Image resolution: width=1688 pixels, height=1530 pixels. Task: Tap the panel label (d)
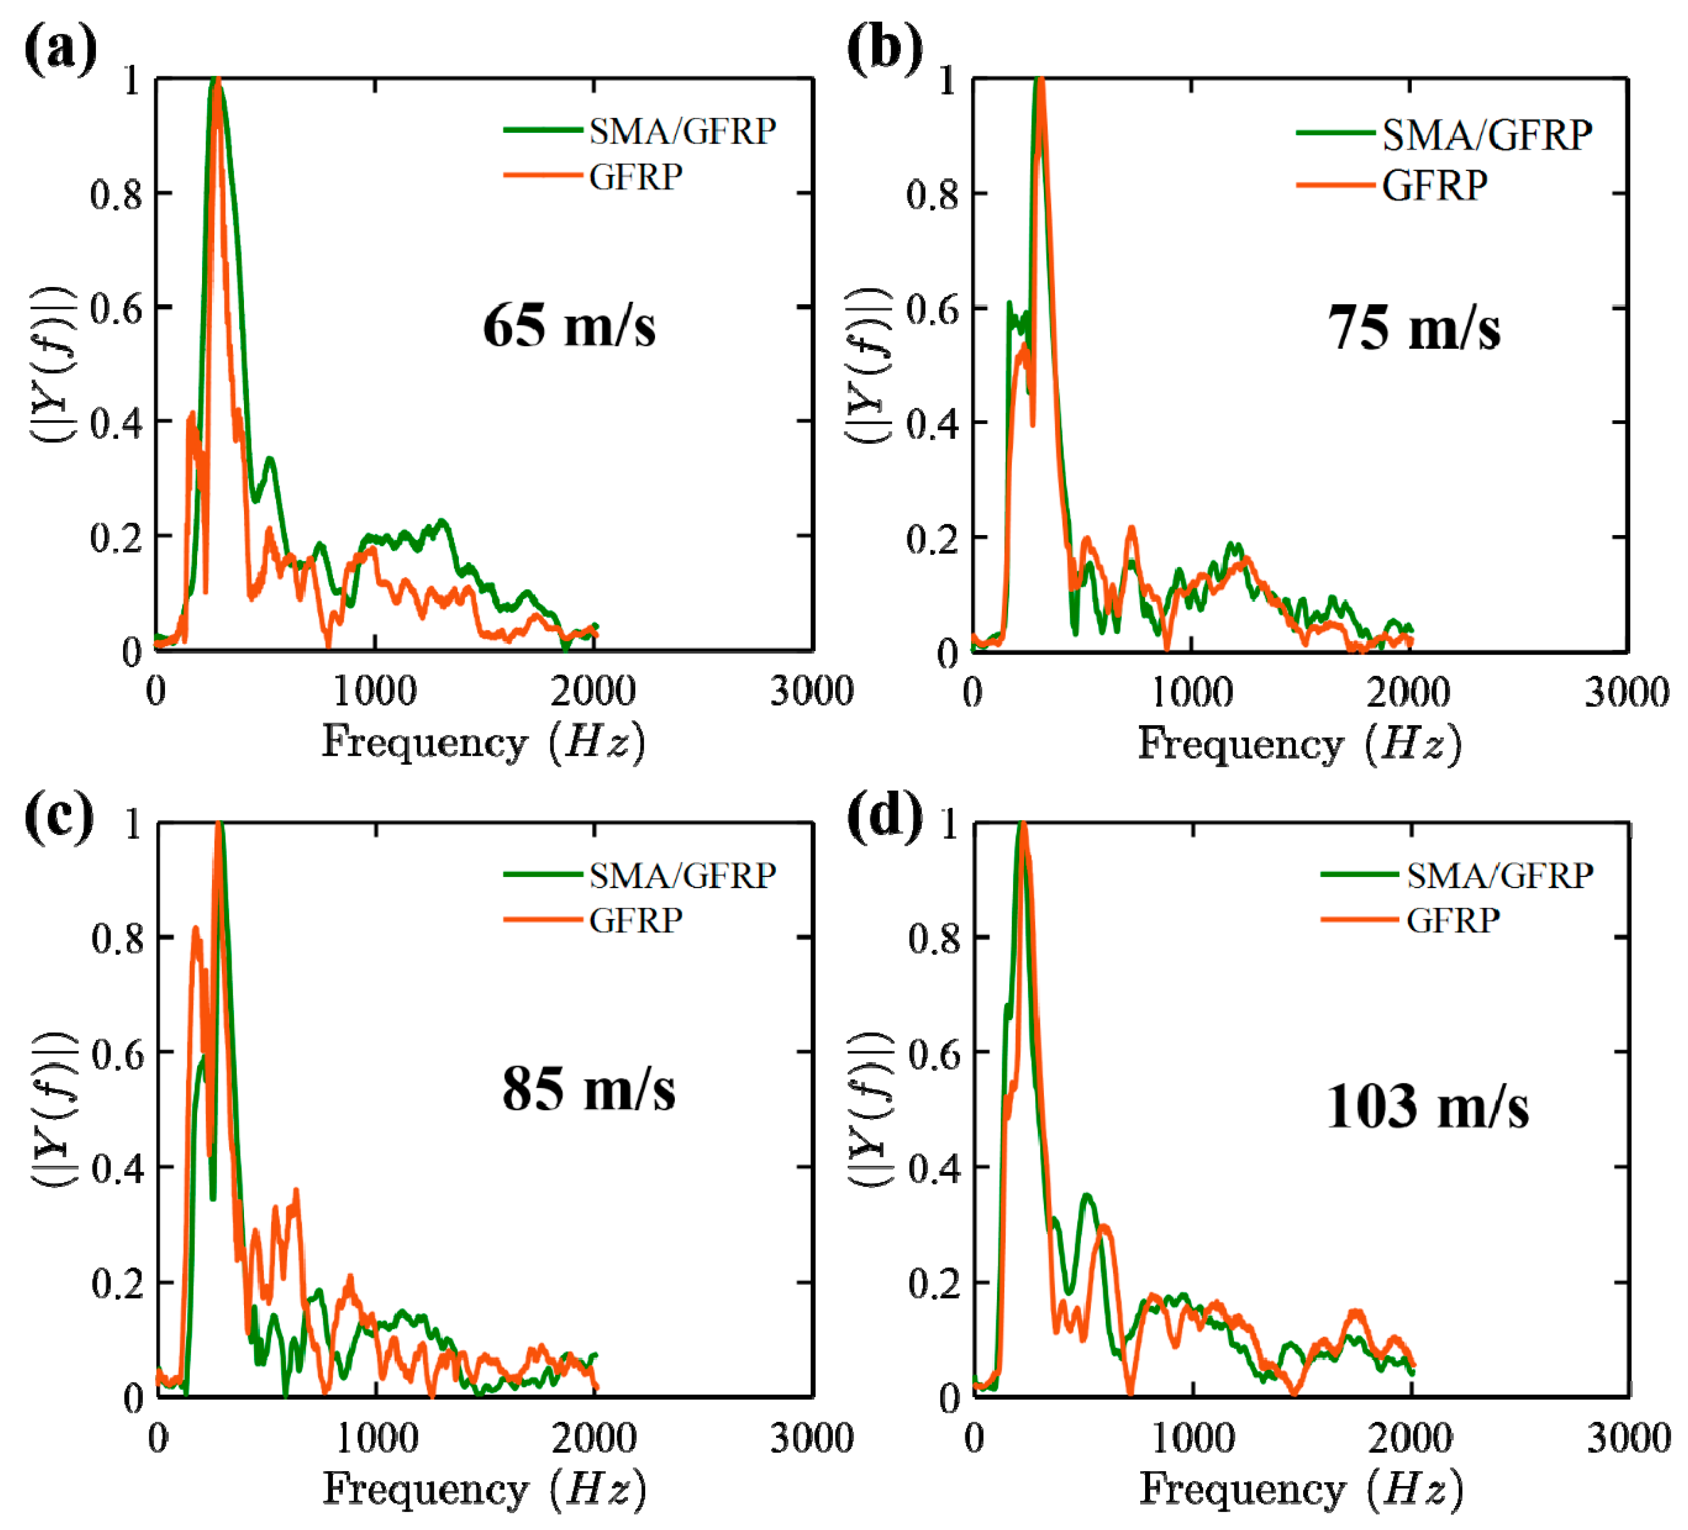point(885,817)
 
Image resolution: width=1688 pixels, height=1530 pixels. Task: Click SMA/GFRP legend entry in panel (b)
point(1486,135)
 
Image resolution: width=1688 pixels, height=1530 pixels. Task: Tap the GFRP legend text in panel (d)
point(1453,920)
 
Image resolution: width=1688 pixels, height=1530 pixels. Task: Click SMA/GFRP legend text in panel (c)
point(682,875)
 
